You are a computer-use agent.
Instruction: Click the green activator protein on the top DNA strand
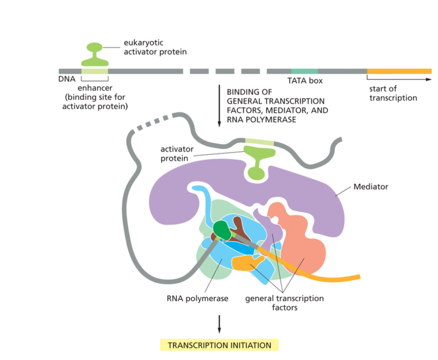pyautogui.click(x=95, y=56)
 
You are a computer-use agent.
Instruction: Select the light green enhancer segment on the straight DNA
pyautogui.click(x=95, y=71)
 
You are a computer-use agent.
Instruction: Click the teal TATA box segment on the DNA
pyautogui.click(x=304, y=71)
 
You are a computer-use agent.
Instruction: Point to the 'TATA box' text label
pyautogui.click(x=305, y=81)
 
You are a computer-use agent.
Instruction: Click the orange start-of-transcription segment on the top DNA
pyautogui.click(x=399, y=71)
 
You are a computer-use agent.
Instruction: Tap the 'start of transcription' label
pyautogui.click(x=393, y=94)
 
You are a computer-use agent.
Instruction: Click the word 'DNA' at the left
pyautogui.click(x=67, y=79)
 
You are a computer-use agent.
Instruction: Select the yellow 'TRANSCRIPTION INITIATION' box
pyautogui.click(x=219, y=345)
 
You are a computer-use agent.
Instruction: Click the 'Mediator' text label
pyautogui.click(x=371, y=187)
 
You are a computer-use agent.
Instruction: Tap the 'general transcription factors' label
pyautogui.click(x=284, y=303)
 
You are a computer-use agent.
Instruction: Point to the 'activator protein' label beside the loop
pyautogui.click(x=178, y=154)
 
